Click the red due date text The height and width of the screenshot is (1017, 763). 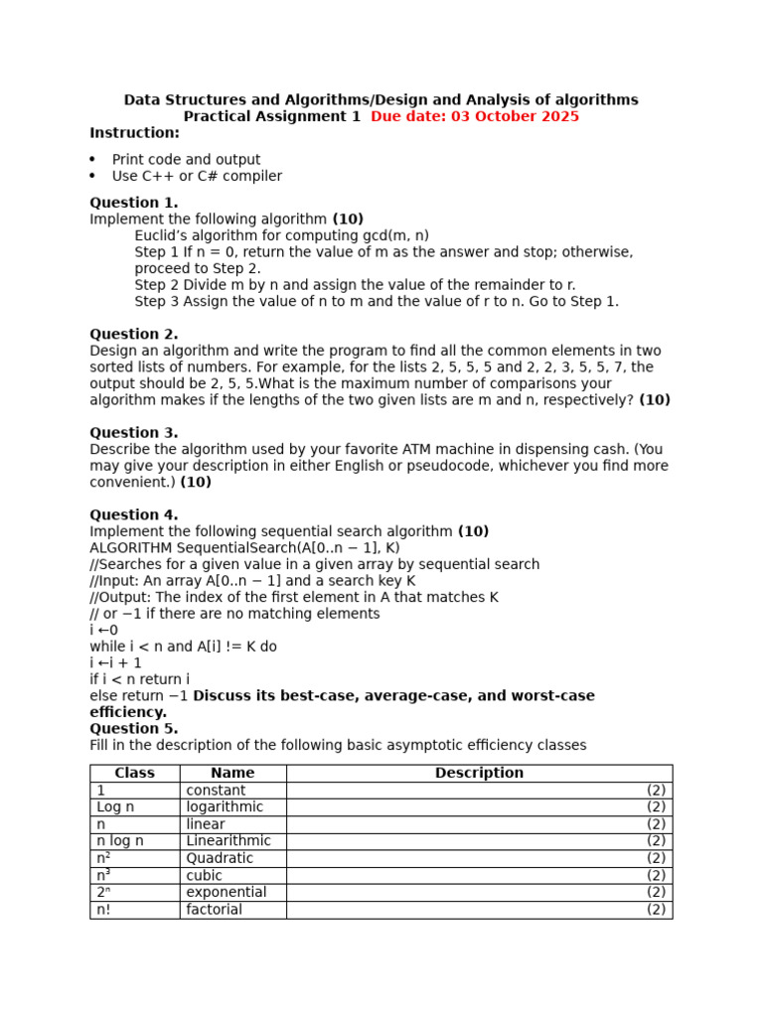(x=474, y=116)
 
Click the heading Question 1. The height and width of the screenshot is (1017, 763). (x=133, y=203)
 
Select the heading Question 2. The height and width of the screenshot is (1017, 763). (x=133, y=334)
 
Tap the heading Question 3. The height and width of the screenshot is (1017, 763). (x=133, y=433)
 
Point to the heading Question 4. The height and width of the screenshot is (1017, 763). (x=133, y=514)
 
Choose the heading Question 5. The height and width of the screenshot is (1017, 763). (x=133, y=728)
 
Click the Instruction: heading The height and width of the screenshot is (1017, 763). (x=134, y=133)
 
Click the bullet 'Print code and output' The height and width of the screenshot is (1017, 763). (x=186, y=160)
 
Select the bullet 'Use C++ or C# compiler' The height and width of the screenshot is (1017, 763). (x=197, y=177)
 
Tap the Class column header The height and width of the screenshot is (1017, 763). (x=134, y=773)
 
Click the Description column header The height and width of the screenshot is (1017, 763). (x=479, y=773)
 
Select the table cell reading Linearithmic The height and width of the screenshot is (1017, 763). (x=228, y=840)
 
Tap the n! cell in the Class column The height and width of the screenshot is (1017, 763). (x=105, y=909)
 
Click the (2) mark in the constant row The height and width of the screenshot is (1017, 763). (x=656, y=791)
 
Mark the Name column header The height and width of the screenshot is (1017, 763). (x=232, y=773)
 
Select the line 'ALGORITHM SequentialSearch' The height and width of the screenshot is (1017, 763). (x=244, y=548)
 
